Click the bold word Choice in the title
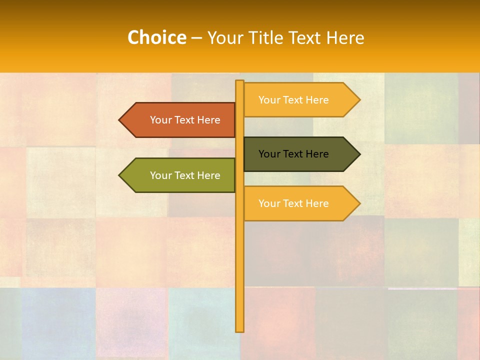click(156, 37)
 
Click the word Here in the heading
click(345, 37)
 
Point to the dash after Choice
click(196, 38)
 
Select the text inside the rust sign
click(185, 120)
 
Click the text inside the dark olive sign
click(293, 154)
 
